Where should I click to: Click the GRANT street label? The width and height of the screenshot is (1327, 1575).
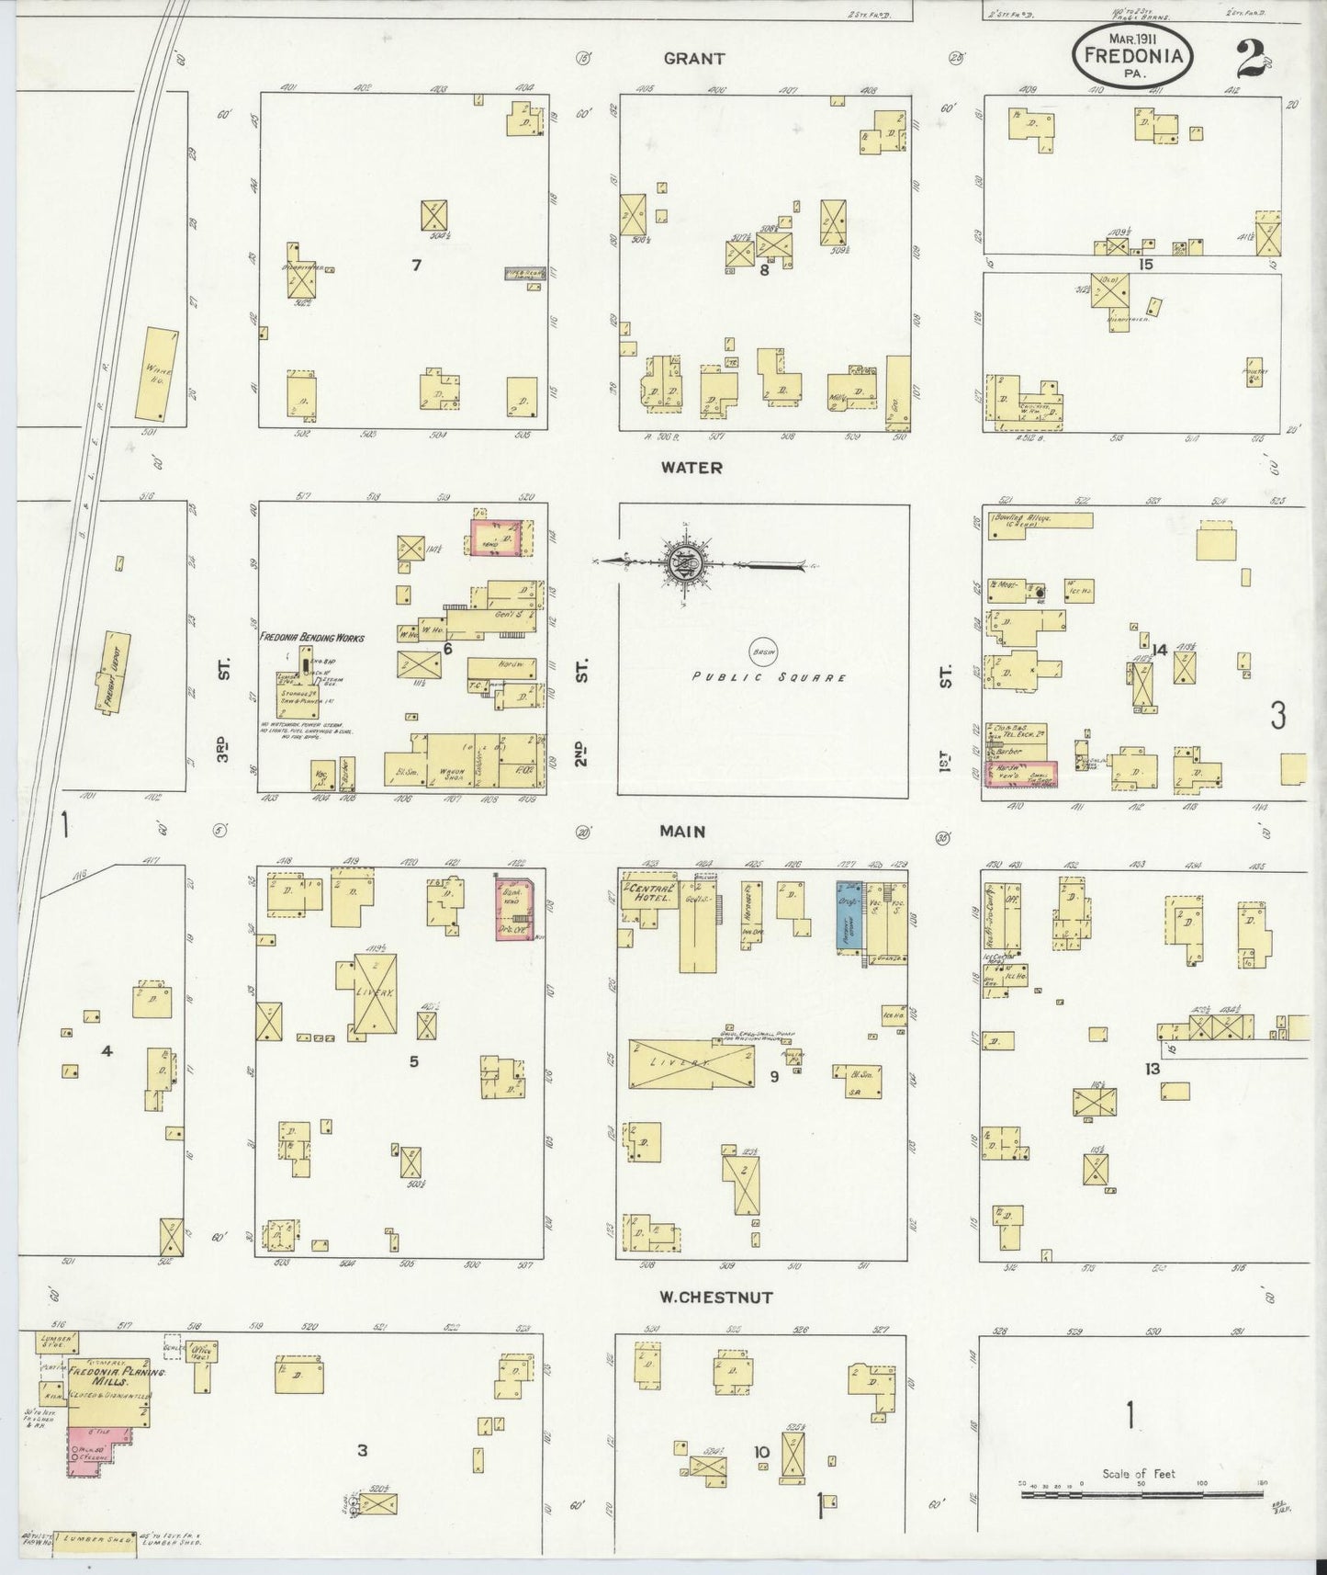pos(694,59)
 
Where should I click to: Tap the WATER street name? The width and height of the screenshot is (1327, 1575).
pos(692,468)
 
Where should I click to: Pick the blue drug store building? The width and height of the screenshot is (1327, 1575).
pos(849,918)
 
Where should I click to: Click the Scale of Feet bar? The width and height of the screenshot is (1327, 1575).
pos(1138,1496)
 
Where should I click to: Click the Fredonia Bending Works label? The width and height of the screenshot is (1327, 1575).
pos(311,637)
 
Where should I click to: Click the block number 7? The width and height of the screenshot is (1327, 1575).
pos(416,266)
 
